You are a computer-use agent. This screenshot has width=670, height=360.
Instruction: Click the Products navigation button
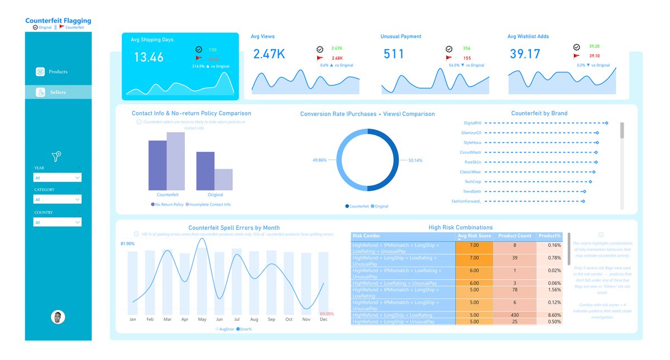(x=58, y=71)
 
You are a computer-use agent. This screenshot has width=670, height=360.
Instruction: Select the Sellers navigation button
(x=58, y=92)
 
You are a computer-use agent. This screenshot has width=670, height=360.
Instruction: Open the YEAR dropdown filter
(x=58, y=177)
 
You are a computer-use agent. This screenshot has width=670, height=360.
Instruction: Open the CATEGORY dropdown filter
(x=58, y=199)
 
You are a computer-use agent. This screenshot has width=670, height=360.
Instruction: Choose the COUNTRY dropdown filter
(x=58, y=222)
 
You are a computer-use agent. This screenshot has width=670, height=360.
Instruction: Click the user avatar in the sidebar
(x=58, y=317)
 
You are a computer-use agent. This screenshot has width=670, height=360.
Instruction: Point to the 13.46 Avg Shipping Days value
(x=149, y=57)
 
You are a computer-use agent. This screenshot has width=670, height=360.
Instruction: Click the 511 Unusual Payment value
(x=394, y=54)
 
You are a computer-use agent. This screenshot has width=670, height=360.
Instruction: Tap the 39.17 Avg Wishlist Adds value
(x=525, y=54)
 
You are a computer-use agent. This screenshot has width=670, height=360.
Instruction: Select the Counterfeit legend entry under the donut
(x=357, y=207)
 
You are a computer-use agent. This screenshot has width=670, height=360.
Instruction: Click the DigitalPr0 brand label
(x=472, y=123)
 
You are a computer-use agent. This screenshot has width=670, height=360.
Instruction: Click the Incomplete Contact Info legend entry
(x=209, y=205)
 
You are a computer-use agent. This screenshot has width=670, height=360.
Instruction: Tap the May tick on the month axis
(x=202, y=320)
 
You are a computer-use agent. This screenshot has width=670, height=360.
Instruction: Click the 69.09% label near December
(x=326, y=314)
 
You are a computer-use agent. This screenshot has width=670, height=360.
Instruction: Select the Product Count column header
(x=514, y=236)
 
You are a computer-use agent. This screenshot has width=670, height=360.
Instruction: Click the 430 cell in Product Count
(x=514, y=315)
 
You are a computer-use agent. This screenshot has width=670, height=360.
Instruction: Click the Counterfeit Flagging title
(x=58, y=21)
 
